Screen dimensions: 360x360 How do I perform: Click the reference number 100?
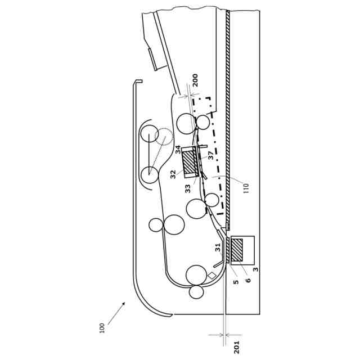coord(102,327)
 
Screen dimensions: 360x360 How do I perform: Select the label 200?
coord(195,80)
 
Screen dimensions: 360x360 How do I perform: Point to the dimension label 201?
coord(237,346)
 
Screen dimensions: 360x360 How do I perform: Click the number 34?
coord(178,150)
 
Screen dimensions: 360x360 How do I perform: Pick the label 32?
coord(173,174)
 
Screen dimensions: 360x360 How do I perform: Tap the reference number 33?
coord(188,189)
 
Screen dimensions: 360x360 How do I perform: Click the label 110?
coord(246,187)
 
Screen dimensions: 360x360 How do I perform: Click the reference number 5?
coord(236,282)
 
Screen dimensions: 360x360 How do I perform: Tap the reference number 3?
coord(256,270)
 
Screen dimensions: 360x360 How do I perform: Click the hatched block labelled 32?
coord(188,163)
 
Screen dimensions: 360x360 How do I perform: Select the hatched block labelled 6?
coord(237,249)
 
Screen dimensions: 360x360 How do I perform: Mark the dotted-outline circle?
coord(164,136)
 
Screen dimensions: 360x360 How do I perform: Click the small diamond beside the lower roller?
coord(211,276)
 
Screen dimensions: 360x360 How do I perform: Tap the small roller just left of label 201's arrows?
coord(196,292)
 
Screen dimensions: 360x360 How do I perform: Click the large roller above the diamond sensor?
coord(196,274)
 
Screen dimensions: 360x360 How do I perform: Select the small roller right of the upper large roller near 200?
coord(202,122)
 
